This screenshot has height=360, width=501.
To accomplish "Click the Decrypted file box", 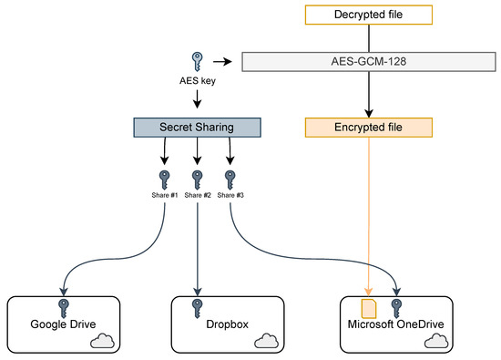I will click(368, 14).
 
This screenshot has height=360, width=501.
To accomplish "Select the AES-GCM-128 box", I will click(368, 62).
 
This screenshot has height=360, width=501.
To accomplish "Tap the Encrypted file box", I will click(368, 128).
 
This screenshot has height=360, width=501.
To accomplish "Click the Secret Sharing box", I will click(195, 128).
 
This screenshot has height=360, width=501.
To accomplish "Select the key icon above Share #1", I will click(165, 177).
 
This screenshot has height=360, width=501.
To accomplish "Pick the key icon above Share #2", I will click(196, 177).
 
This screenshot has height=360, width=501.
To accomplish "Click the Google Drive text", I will click(62, 323).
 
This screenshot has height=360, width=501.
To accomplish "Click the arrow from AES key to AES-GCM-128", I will click(221, 62).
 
